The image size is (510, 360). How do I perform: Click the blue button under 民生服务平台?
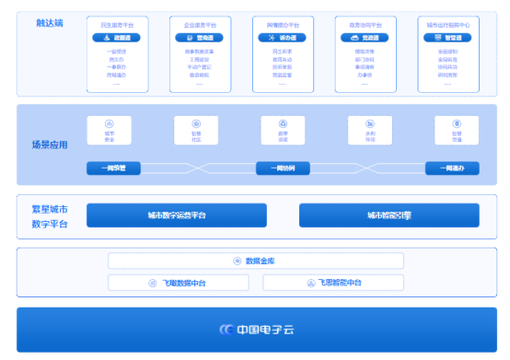point(116,38)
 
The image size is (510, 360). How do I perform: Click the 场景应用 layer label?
point(50,145)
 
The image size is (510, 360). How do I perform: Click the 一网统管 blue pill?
point(113,168)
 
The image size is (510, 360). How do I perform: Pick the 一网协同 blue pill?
point(283,168)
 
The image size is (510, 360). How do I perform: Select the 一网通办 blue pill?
point(452,168)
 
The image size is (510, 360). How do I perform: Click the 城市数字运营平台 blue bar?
point(177,215)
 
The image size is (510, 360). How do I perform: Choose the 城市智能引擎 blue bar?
point(388,215)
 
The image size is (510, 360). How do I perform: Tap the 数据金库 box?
point(256,261)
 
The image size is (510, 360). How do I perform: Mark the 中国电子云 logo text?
point(262,329)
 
